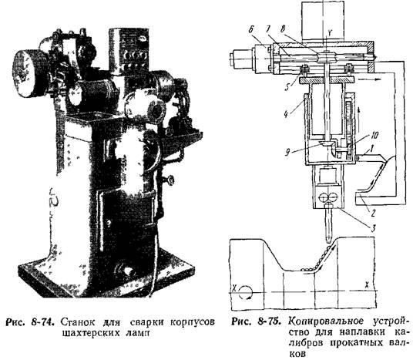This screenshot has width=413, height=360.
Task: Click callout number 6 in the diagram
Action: pyautogui.click(x=251, y=31)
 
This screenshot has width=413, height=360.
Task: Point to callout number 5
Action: pyautogui.click(x=287, y=86)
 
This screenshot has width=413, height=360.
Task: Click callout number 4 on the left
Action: pyautogui.click(x=287, y=114)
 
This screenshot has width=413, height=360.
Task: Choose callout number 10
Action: pyautogui.click(x=374, y=136)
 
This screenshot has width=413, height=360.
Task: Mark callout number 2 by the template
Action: pyautogui.click(x=372, y=213)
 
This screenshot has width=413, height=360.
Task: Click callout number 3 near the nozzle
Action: pyautogui.click(x=373, y=228)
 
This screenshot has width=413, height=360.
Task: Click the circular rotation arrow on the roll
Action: pyautogui.click(x=246, y=292)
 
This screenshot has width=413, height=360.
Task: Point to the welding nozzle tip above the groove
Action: pyautogui.click(x=328, y=241)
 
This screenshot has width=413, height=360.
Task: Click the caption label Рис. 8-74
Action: pyautogui.click(x=30, y=322)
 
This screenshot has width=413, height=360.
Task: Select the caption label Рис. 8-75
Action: pyautogui.click(x=255, y=321)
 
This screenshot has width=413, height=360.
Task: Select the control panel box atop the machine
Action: pyautogui.click(x=130, y=51)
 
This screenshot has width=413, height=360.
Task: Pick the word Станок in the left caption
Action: pyautogui.click(x=77, y=322)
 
